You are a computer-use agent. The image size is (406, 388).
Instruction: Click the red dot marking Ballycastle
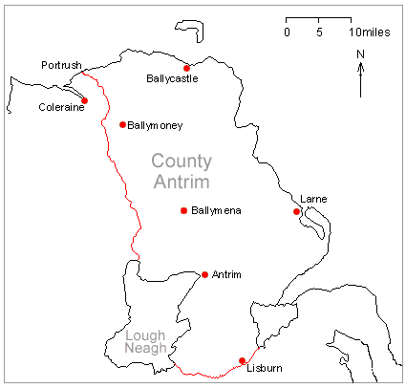coord(186,68)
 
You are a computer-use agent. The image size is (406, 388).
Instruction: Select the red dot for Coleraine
coord(85,100)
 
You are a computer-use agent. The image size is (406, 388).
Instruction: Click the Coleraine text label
coord(60,107)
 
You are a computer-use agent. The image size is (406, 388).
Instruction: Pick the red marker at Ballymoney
coord(122,124)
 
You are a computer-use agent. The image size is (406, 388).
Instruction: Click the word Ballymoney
coord(155,125)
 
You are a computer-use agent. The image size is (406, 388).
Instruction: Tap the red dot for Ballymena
coord(182,210)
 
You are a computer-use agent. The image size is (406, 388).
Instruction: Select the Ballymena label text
coord(217,210)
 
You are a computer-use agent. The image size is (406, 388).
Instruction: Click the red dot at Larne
coord(297,211)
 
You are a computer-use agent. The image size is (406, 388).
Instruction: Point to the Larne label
coord(313,199)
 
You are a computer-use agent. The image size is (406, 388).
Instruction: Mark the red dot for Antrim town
coord(204,275)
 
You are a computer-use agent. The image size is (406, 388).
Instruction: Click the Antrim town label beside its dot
coord(226,275)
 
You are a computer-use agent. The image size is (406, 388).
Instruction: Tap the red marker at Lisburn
coord(242,360)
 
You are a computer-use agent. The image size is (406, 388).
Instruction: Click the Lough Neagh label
coord(144,342)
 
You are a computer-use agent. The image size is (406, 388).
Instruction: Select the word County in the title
coord(182,161)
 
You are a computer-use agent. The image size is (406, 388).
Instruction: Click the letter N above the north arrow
coord(360,54)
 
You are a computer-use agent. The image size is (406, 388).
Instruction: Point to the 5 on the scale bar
coord(318,32)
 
